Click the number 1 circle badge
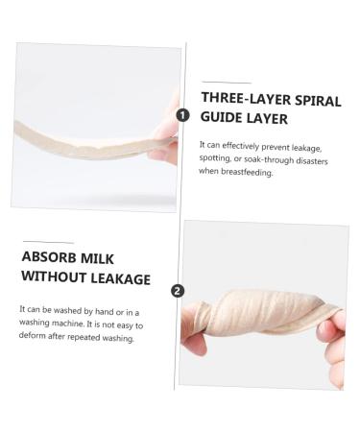(182, 115)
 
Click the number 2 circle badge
(178, 291)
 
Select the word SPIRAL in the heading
(318, 101)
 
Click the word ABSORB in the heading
(49, 257)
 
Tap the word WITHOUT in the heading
(54, 276)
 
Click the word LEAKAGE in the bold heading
(121, 278)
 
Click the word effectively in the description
(240, 146)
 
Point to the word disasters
(311, 160)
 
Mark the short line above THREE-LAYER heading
(227, 83)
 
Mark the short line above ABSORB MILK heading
(48, 242)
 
